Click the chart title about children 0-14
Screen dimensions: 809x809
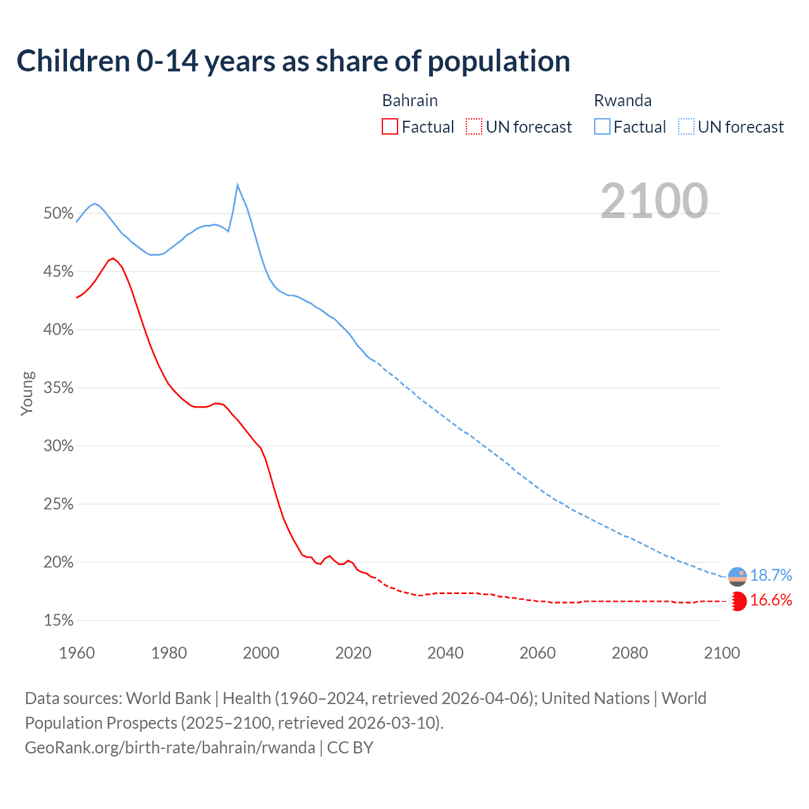click(x=293, y=61)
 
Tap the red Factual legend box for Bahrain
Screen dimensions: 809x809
click(x=390, y=127)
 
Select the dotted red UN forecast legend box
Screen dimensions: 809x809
click(x=474, y=127)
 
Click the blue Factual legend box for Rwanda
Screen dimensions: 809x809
click(x=602, y=127)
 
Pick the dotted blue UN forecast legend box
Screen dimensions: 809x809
click(x=686, y=127)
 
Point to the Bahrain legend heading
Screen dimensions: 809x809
click(x=410, y=100)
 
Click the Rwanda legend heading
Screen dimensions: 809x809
click(x=623, y=100)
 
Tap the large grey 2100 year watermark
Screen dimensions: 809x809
click(x=654, y=201)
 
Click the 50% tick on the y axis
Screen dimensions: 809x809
click(x=59, y=214)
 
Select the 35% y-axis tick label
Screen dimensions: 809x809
click(x=59, y=388)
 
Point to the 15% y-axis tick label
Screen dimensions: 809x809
click(x=59, y=621)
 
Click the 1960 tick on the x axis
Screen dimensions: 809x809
click(x=77, y=653)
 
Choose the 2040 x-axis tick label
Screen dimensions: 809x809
click(x=446, y=653)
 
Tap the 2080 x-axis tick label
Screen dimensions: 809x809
click(x=630, y=653)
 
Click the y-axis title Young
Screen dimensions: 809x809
click(x=27, y=393)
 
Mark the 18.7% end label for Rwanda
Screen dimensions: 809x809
click(x=770, y=575)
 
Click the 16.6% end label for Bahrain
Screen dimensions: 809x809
click(x=770, y=600)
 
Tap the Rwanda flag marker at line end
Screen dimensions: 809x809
click(x=738, y=576)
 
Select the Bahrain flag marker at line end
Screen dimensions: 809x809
click(x=738, y=601)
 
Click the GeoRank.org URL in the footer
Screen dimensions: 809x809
click(x=170, y=748)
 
